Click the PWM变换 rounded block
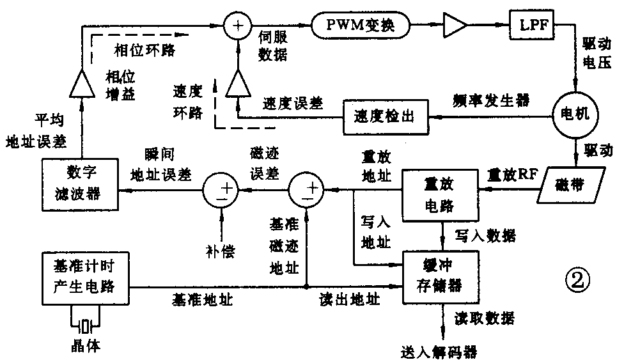[361, 26]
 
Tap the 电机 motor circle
[575, 116]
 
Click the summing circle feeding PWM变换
[237, 26]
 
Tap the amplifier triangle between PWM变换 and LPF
[455, 26]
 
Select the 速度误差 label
[292, 102]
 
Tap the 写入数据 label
[483, 236]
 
